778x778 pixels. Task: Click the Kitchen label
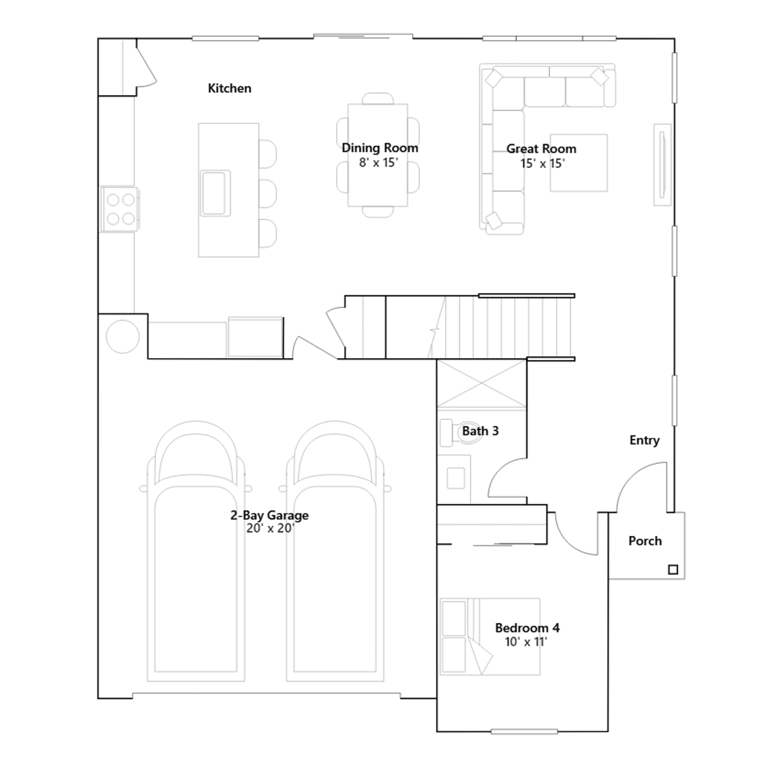pyautogui.click(x=230, y=88)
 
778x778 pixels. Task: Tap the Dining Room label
pyautogui.click(x=380, y=148)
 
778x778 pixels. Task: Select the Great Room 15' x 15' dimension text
pyautogui.click(x=542, y=163)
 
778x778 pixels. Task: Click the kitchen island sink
pyautogui.click(x=214, y=193)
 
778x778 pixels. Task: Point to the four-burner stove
pyautogui.click(x=120, y=209)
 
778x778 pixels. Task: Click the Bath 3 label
pyautogui.click(x=480, y=431)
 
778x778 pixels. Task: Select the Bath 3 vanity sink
pyautogui.click(x=456, y=478)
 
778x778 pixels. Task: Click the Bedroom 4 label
pyautogui.click(x=527, y=628)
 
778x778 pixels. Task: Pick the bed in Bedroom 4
pyautogui.click(x=490, y=637)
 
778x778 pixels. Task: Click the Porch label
pyautogui.click(x=645, y=541)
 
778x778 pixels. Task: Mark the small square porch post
pyautogui.click(x=673, y=569)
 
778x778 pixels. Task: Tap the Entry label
pyautogui.click(x=644, y=441)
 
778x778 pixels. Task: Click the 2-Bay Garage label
pyautogui.click(x=269, y=515)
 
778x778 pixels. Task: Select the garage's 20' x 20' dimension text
pyautogui.click(x=270, y=528)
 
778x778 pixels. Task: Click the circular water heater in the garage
pyautogui.click(x=123, y=336)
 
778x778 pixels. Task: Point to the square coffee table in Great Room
pyautogui.click(x=579, y=163)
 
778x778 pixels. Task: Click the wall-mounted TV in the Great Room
pyautogui.click(x=662, y=165)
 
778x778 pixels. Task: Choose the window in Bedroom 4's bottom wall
pyautogui.click(x=524, y=731)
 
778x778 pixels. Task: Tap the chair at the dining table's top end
pyautogui.click(x=378, y=98)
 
